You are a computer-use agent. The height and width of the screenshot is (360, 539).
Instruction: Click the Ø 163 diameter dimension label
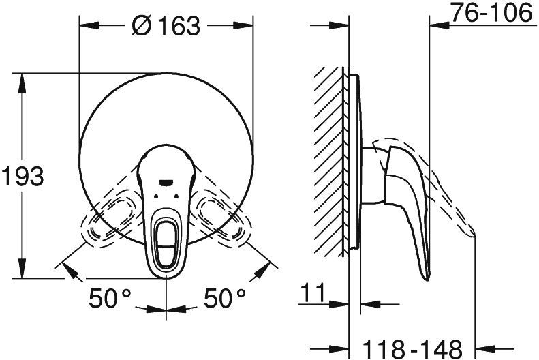(166, 25)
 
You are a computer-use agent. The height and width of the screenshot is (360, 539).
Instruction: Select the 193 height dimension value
(22, 176)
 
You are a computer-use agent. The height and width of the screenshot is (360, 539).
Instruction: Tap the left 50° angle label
(110, 298)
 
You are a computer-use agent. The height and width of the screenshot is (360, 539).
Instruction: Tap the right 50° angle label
(225, 298)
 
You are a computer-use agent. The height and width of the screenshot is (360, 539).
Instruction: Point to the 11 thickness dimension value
(313, 292)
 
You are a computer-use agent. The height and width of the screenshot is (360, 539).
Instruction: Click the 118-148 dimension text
(412, 349)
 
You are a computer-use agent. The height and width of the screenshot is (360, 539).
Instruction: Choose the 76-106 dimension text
(491, 13)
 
